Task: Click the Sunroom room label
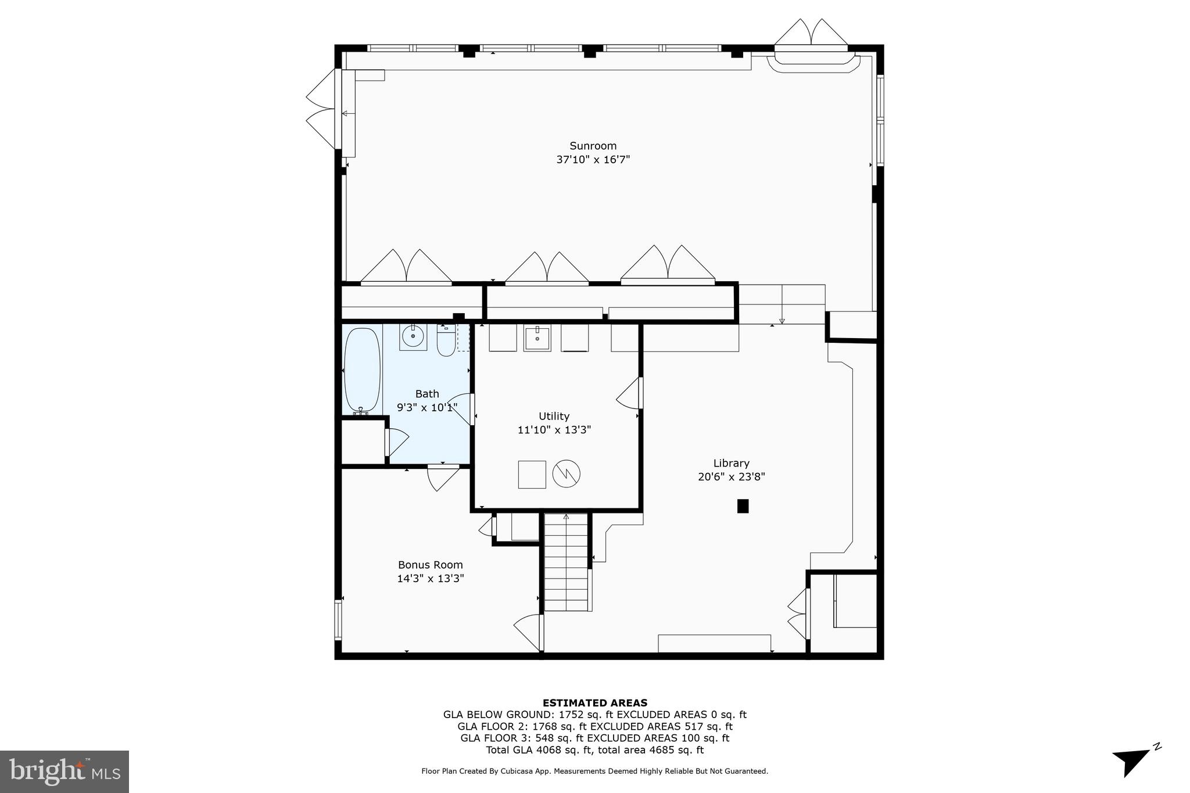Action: [593, 146]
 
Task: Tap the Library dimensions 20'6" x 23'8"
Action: [731, 477]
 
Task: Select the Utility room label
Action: [554, 416]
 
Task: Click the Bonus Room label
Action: [430, 565]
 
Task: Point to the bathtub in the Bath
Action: [362, 370]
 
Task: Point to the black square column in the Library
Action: [743, 506]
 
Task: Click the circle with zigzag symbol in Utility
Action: [566, 473]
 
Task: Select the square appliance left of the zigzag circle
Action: [532, 474]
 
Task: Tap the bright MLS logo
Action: [64, 772]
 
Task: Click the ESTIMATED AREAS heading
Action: [594, 703]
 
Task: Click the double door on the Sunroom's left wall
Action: [322, 109]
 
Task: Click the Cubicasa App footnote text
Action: [594, 772]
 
